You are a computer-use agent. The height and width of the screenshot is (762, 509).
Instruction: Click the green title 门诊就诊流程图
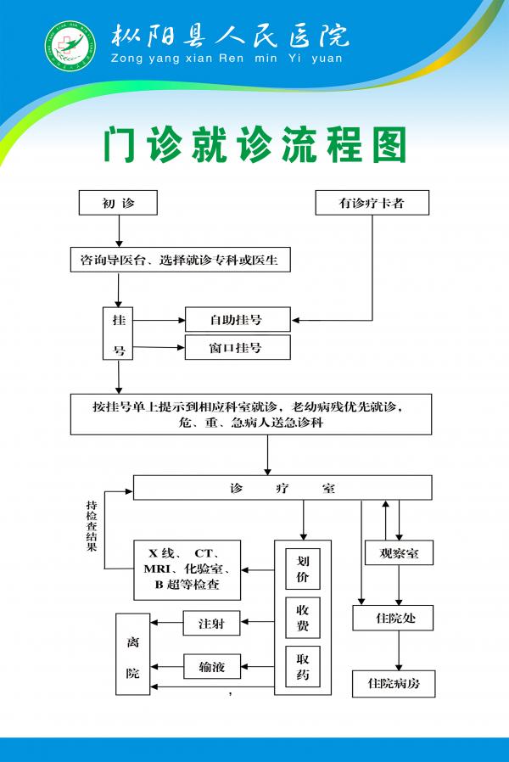coord(255,145)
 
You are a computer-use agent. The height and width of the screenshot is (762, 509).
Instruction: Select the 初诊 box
coord(119,203)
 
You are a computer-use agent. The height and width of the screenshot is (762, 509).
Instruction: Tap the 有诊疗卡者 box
coord(372,203)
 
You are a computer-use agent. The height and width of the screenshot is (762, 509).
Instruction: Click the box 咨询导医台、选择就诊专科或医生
coord(180,260)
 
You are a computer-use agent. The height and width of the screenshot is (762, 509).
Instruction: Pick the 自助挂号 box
coord(237,320)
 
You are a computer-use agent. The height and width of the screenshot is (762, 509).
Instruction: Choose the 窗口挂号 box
coord(237,347)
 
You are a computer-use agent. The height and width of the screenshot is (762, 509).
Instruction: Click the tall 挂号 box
coord(119,333)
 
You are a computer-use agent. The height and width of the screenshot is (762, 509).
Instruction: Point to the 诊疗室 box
coord(282,488)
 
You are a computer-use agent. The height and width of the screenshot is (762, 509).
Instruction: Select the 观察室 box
coord(399,553)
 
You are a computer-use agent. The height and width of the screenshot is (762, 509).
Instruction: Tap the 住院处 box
coord(393,617)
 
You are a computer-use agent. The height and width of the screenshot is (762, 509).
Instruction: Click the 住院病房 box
coord(394,683)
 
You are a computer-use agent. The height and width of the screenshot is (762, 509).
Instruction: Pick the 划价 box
coord(303,569)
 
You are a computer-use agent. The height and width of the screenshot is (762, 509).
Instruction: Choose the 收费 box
coord(303,618)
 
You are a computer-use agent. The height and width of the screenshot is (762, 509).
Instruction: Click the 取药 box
coord(303,666)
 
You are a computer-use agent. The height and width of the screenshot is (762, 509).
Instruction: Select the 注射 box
coord(211,624)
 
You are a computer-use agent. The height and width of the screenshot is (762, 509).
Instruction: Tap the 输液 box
coord(211,667)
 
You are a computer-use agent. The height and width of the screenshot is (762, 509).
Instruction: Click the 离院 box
coord(132,654)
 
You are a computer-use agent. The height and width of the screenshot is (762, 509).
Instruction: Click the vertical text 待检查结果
coord(91,526)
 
